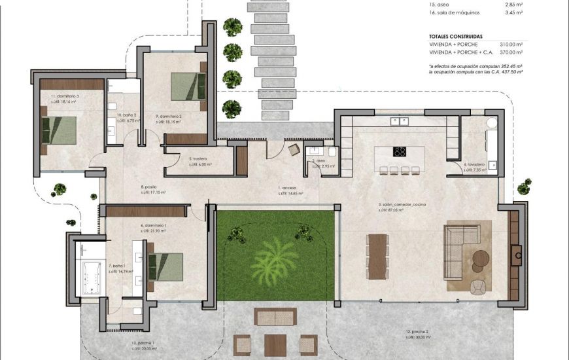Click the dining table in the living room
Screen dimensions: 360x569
tap(377, 256)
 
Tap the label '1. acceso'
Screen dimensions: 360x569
tap(288, 188)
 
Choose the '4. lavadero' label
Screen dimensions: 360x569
tap(474, 164)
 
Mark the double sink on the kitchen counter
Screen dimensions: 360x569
tap(399, 120)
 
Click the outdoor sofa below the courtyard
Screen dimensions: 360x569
tap(275, 317)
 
